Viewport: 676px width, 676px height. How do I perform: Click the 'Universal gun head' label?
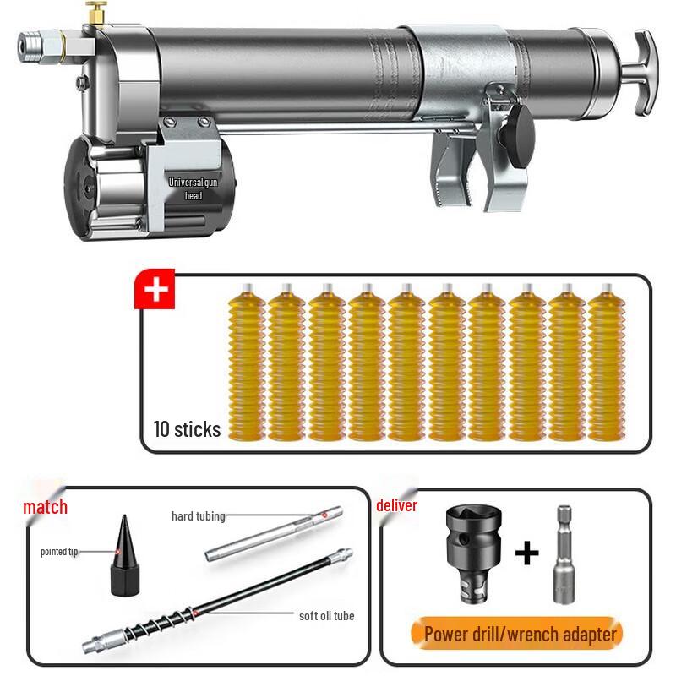pos(194,188)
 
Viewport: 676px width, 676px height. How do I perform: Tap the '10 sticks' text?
pos(187,428)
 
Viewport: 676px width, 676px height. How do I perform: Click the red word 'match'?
pos(45,508)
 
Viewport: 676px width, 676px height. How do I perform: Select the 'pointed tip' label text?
pos(59,551)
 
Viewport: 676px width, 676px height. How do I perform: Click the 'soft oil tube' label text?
pos(326,615)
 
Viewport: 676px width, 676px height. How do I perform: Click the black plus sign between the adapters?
pos(526,553)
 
